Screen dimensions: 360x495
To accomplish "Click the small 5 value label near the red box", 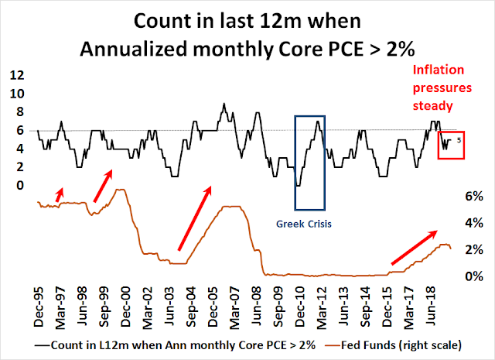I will pos(459,140).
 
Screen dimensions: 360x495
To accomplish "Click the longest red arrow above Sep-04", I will pos(194,218).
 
